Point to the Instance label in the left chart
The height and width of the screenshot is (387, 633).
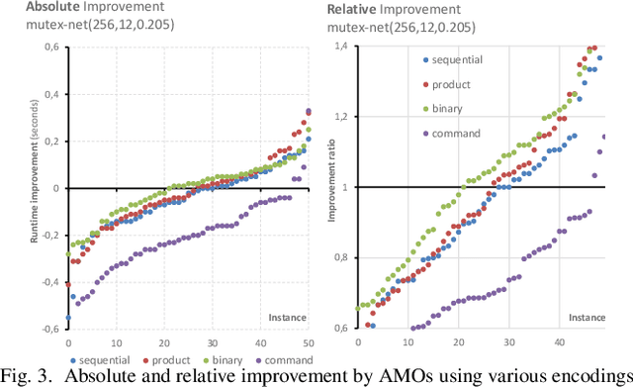coord(288,317)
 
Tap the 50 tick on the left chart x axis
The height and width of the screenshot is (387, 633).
coord(308,341)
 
